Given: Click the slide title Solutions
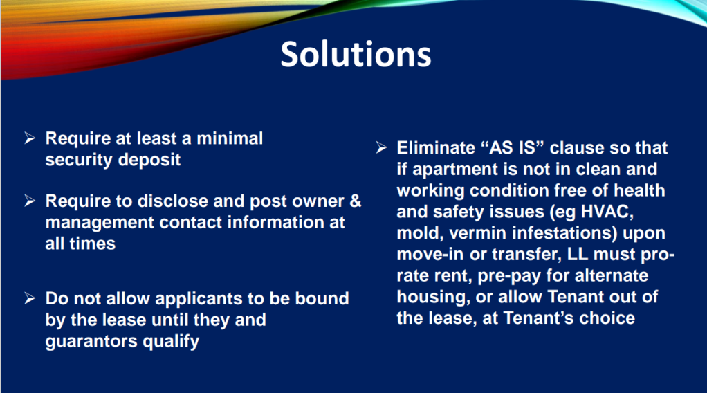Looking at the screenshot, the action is click(x=356, y=55).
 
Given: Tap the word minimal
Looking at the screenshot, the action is click(x=230, y=138).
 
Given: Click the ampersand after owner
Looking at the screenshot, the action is click(x=356, y=201).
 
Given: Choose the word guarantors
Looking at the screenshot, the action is click(x=91, y=342).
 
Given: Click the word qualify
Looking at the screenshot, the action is click(x=171, y=342).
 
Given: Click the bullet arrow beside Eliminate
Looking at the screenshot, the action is click(x=381, y=147).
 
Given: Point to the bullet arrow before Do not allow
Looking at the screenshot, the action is click(x=30, y=298).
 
